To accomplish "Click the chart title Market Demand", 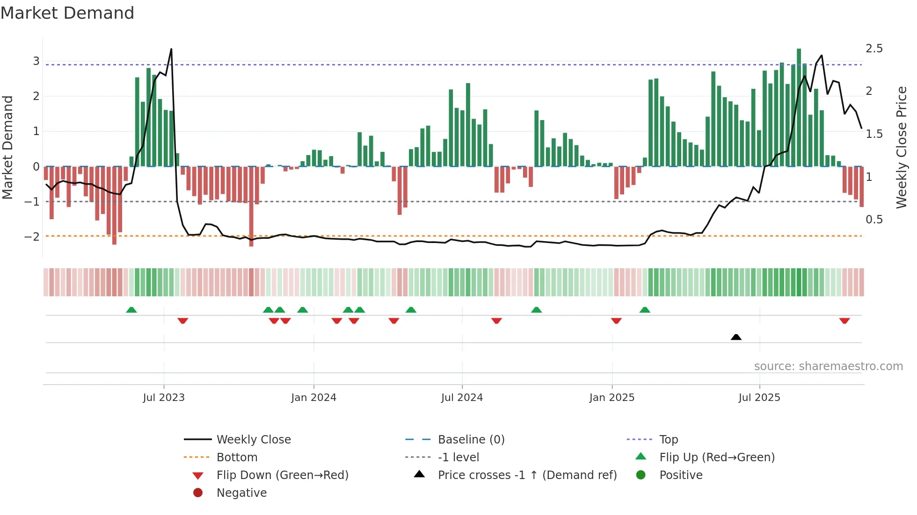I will point(67,13).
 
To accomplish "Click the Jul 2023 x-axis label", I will point(164,398).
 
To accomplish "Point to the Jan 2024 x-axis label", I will point(313,398).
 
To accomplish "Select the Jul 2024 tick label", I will point(462,398).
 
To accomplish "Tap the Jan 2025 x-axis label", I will point(611,398).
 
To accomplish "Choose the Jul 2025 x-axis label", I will point(759,398).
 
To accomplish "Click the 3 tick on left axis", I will point(36,61).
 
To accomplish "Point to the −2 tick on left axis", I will point(32,237).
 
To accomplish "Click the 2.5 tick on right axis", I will point(874,49).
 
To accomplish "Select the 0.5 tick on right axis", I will point(874,220).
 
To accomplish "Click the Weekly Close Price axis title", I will point(901,147).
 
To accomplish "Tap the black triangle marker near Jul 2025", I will point(736,337).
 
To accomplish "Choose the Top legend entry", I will point(668,439).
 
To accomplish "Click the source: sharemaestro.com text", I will point(828,366).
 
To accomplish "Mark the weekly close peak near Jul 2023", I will point(171,49).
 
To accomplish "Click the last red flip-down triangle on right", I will point(844,321).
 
